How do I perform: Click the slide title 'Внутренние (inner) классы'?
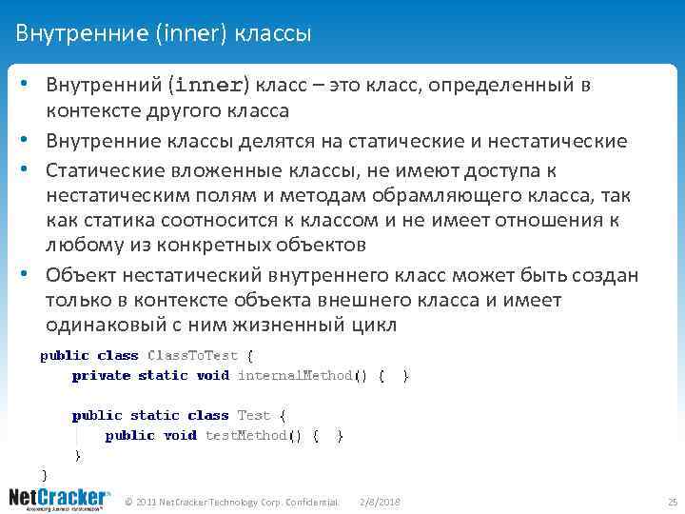(164, 34)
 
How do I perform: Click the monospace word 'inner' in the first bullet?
(206, 86)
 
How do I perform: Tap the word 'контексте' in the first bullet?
(88, 111)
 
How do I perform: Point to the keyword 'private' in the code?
(101, 376)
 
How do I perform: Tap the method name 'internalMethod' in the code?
(295, 376)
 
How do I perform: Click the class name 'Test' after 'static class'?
(254, 416)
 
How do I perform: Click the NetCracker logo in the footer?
(59, 500)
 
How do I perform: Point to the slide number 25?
(672, 501)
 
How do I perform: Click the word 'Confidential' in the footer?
(310, 501)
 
